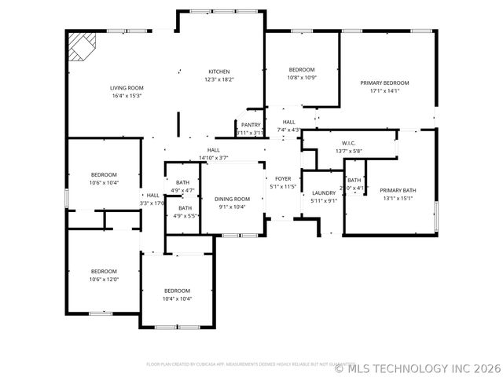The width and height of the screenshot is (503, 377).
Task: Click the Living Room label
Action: [x=126, y=88]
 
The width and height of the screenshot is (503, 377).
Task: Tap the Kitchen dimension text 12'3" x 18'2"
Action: [x=219, y=79]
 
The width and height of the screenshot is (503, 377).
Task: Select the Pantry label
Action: [x=251, y=125]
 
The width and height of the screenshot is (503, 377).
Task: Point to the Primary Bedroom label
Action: [x=384, y=82]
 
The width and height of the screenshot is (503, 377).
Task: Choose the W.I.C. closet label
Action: [x=349, y=143]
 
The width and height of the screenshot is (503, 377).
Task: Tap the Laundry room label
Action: [x=324, y=192]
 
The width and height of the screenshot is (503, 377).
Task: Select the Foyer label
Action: [x=283, y=179]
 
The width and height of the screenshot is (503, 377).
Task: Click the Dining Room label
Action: [x=233, y=199]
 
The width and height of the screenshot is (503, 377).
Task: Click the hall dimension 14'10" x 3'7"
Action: [x=213, y=158]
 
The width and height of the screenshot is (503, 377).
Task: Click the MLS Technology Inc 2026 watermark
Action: [x=417, y=367]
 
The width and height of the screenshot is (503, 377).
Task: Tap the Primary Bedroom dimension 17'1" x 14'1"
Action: [x=384, y=90]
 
